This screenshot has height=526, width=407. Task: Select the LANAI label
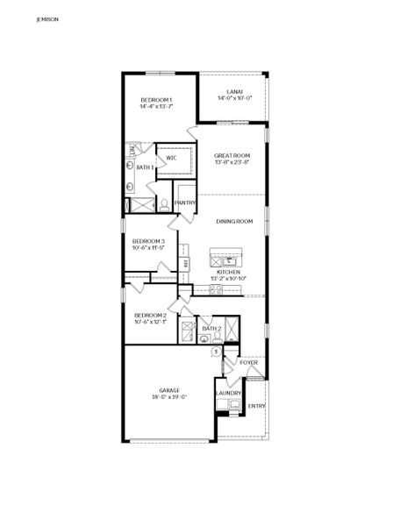tap(234, 91)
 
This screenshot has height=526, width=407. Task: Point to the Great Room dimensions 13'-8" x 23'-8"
tap(232, 161)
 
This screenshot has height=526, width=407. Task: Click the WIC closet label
tap(172, 158)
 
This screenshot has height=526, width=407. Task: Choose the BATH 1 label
tap(145, 167)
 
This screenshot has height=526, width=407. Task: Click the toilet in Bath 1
tap(163, 205)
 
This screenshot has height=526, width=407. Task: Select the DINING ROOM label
tap(234, 221)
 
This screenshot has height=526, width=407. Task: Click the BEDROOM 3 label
tap(149, 241)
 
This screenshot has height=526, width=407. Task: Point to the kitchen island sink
tap(229, 259)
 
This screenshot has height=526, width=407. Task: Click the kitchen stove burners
tap(227, 296)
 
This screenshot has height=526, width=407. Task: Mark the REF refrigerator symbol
tap(185, 261)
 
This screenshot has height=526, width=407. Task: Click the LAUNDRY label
tap(228, 393)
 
